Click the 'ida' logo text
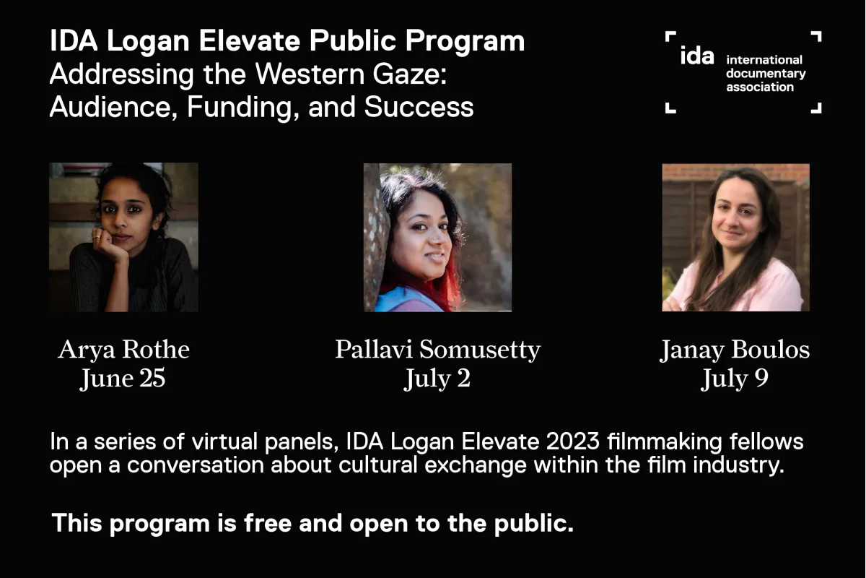tap(697, 56)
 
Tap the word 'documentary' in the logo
tap(766, 74)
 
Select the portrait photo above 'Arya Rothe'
tap(123, 237)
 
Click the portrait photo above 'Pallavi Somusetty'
tap(437, 237)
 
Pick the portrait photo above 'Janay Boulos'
tap(735, 237)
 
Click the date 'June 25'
tap(123, 379)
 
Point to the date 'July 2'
tap(437, 379)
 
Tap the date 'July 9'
tap(735, 379)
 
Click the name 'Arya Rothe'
tap(123, 350)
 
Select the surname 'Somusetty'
tap(480, 350)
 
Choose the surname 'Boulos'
tap(770, 350)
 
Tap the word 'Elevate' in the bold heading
tap(250, 40)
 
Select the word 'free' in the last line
tap(268, 523)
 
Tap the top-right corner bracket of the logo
tap(817, 35)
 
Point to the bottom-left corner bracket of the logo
tap(670, 108)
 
